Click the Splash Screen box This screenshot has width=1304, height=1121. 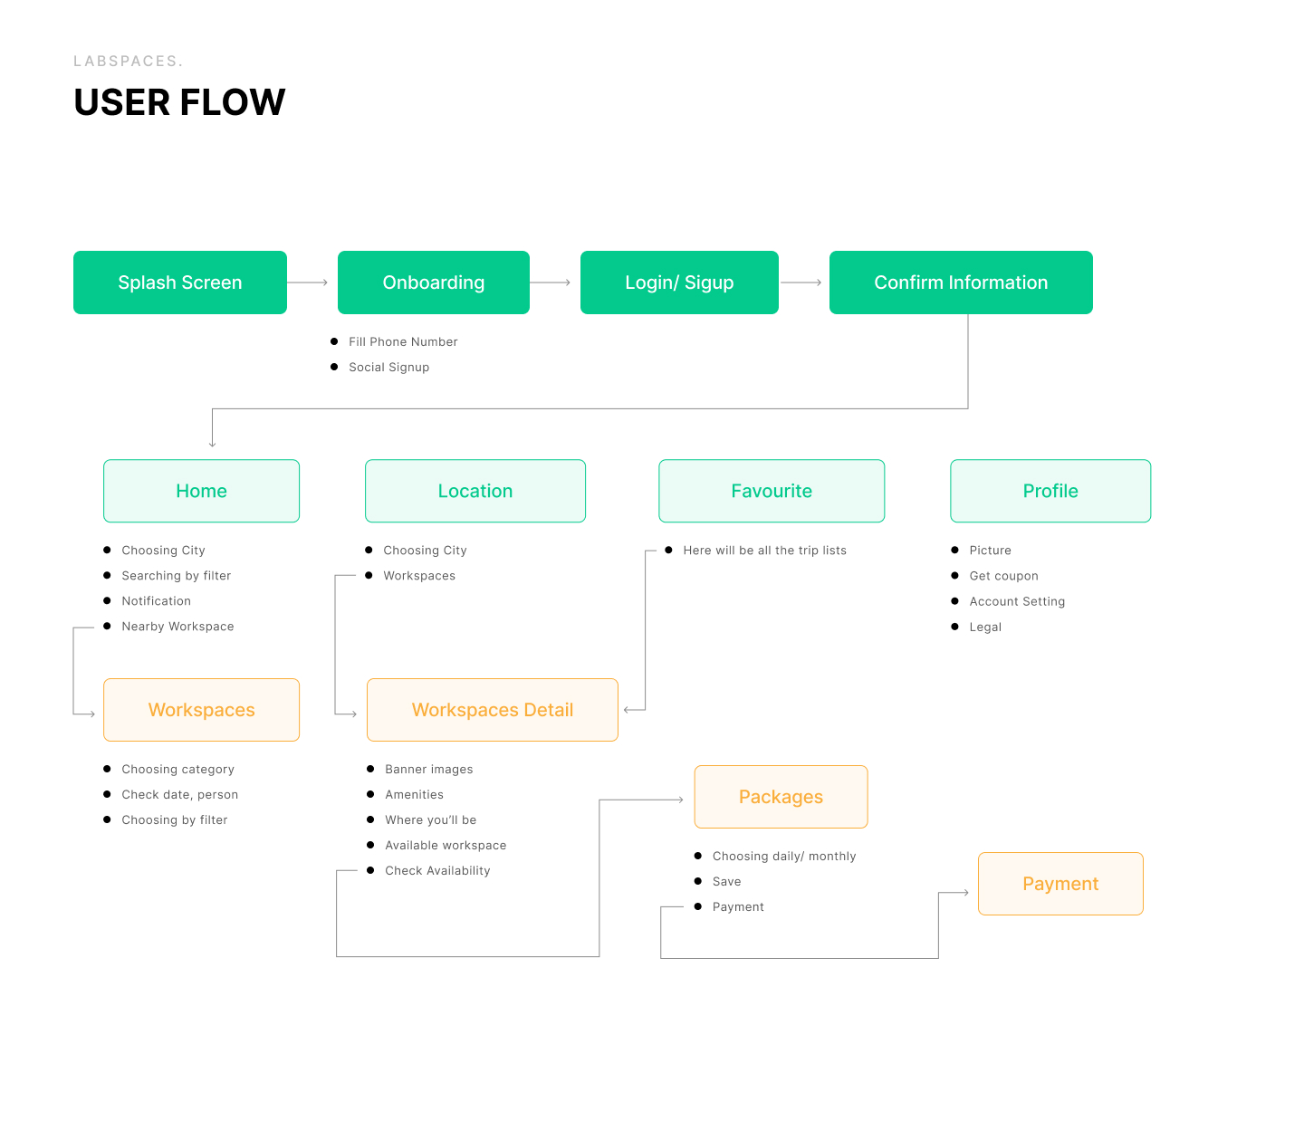pyautogui.click(x=180, y=282)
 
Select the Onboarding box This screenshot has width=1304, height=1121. pyautogui.click(x=434, y=282)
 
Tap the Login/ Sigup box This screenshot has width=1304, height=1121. pyautogui.click(x=679, y=282)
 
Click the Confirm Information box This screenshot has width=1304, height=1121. pyautogui.click(x=961, y=282)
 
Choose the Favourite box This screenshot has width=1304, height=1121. pyautogui.click(x=772, y=491)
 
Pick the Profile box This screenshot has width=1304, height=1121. pyautogui.click(x=1050, y=491)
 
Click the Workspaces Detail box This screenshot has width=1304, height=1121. pyautogui.click(x=492, y=710)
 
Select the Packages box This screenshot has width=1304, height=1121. pyautogui.click(x=781, y=797)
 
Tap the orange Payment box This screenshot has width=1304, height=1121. pyautogui.click(x=1060, y=884)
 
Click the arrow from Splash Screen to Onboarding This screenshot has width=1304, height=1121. pyautogui.click(x=307, y=283)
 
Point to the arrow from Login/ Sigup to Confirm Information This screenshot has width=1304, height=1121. pyautogui.click(x=801, y=283)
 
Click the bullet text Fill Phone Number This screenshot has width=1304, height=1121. pyautogui.click(x=403, y=342)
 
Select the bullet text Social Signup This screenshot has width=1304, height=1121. pyautogui.click(x=388, y=367)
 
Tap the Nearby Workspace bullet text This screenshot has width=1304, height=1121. pyautogui.click(x=177, y=627)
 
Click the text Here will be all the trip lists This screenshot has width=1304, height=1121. pyautogui.click(x=764, y=551)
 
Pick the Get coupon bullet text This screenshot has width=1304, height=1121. pyautogui.click(x=1003, y=576)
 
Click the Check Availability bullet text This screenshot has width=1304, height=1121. pyautogui.click(x=437, y=870)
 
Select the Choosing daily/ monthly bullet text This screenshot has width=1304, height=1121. pyautogui.click(x=784, y=856)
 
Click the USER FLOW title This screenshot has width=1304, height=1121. pyautogui.click(x=180, y=102)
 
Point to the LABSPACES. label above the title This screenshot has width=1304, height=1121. pyautogui.click(x=128, y=62)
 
